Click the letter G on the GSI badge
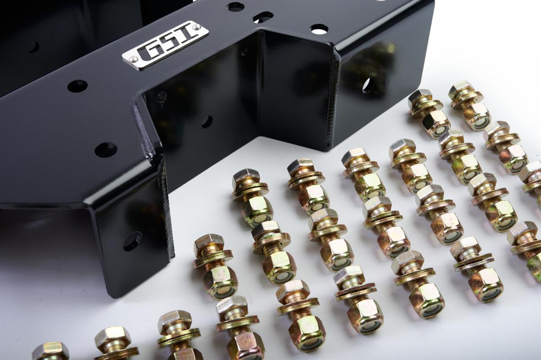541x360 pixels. pos(147,54)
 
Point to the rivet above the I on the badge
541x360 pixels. pos(197,26)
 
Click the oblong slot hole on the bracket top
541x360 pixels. pos(263,18)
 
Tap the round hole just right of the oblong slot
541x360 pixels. pos(319,29)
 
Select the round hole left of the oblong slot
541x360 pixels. pos(235,7)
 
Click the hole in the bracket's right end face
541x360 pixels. pos(367,85)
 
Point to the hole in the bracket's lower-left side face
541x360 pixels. pos(132,241)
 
